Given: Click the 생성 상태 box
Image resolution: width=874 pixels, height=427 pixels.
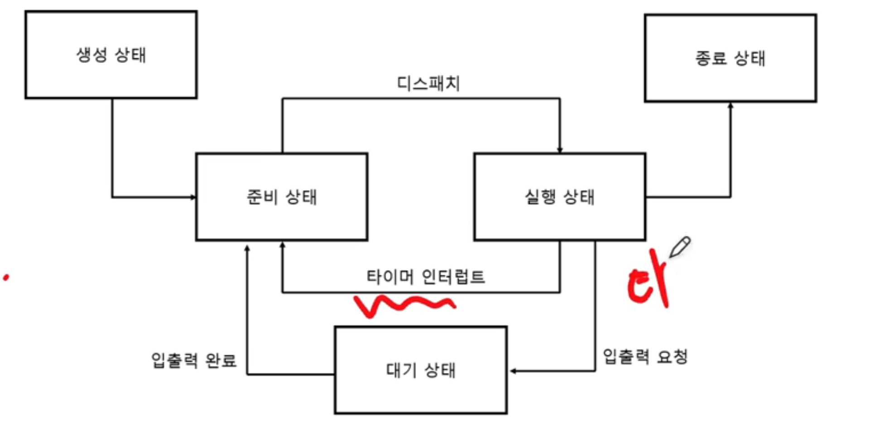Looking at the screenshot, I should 111,55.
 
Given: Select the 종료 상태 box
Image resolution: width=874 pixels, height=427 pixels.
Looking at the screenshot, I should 730,58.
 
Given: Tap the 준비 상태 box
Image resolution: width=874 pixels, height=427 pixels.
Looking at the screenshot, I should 281,197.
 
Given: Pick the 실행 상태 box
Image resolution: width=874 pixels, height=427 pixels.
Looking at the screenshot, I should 559,197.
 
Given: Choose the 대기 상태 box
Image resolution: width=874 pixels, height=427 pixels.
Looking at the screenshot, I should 420,370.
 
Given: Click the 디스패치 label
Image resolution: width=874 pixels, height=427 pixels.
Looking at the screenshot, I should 428,83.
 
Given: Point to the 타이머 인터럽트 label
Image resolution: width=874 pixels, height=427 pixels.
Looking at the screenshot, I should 425,277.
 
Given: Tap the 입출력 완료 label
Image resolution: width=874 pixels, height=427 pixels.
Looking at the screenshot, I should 194,360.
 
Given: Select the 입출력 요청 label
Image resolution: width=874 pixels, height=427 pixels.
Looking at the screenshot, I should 645,357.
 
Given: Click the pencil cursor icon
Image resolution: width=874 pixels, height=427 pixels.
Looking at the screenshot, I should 680,247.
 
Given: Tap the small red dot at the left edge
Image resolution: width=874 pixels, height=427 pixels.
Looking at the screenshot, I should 6,277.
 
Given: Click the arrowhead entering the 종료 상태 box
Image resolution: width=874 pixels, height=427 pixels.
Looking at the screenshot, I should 730,106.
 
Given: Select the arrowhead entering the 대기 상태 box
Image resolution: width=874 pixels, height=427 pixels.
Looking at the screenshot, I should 513,371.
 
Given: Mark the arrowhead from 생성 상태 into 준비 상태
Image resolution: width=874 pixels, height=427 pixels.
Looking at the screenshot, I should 193,197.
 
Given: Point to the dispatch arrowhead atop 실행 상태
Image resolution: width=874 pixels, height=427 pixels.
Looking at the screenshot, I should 560,150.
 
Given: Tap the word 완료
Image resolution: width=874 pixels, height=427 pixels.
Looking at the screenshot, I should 221,360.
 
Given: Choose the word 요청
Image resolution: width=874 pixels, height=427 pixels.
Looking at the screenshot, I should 672,357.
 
